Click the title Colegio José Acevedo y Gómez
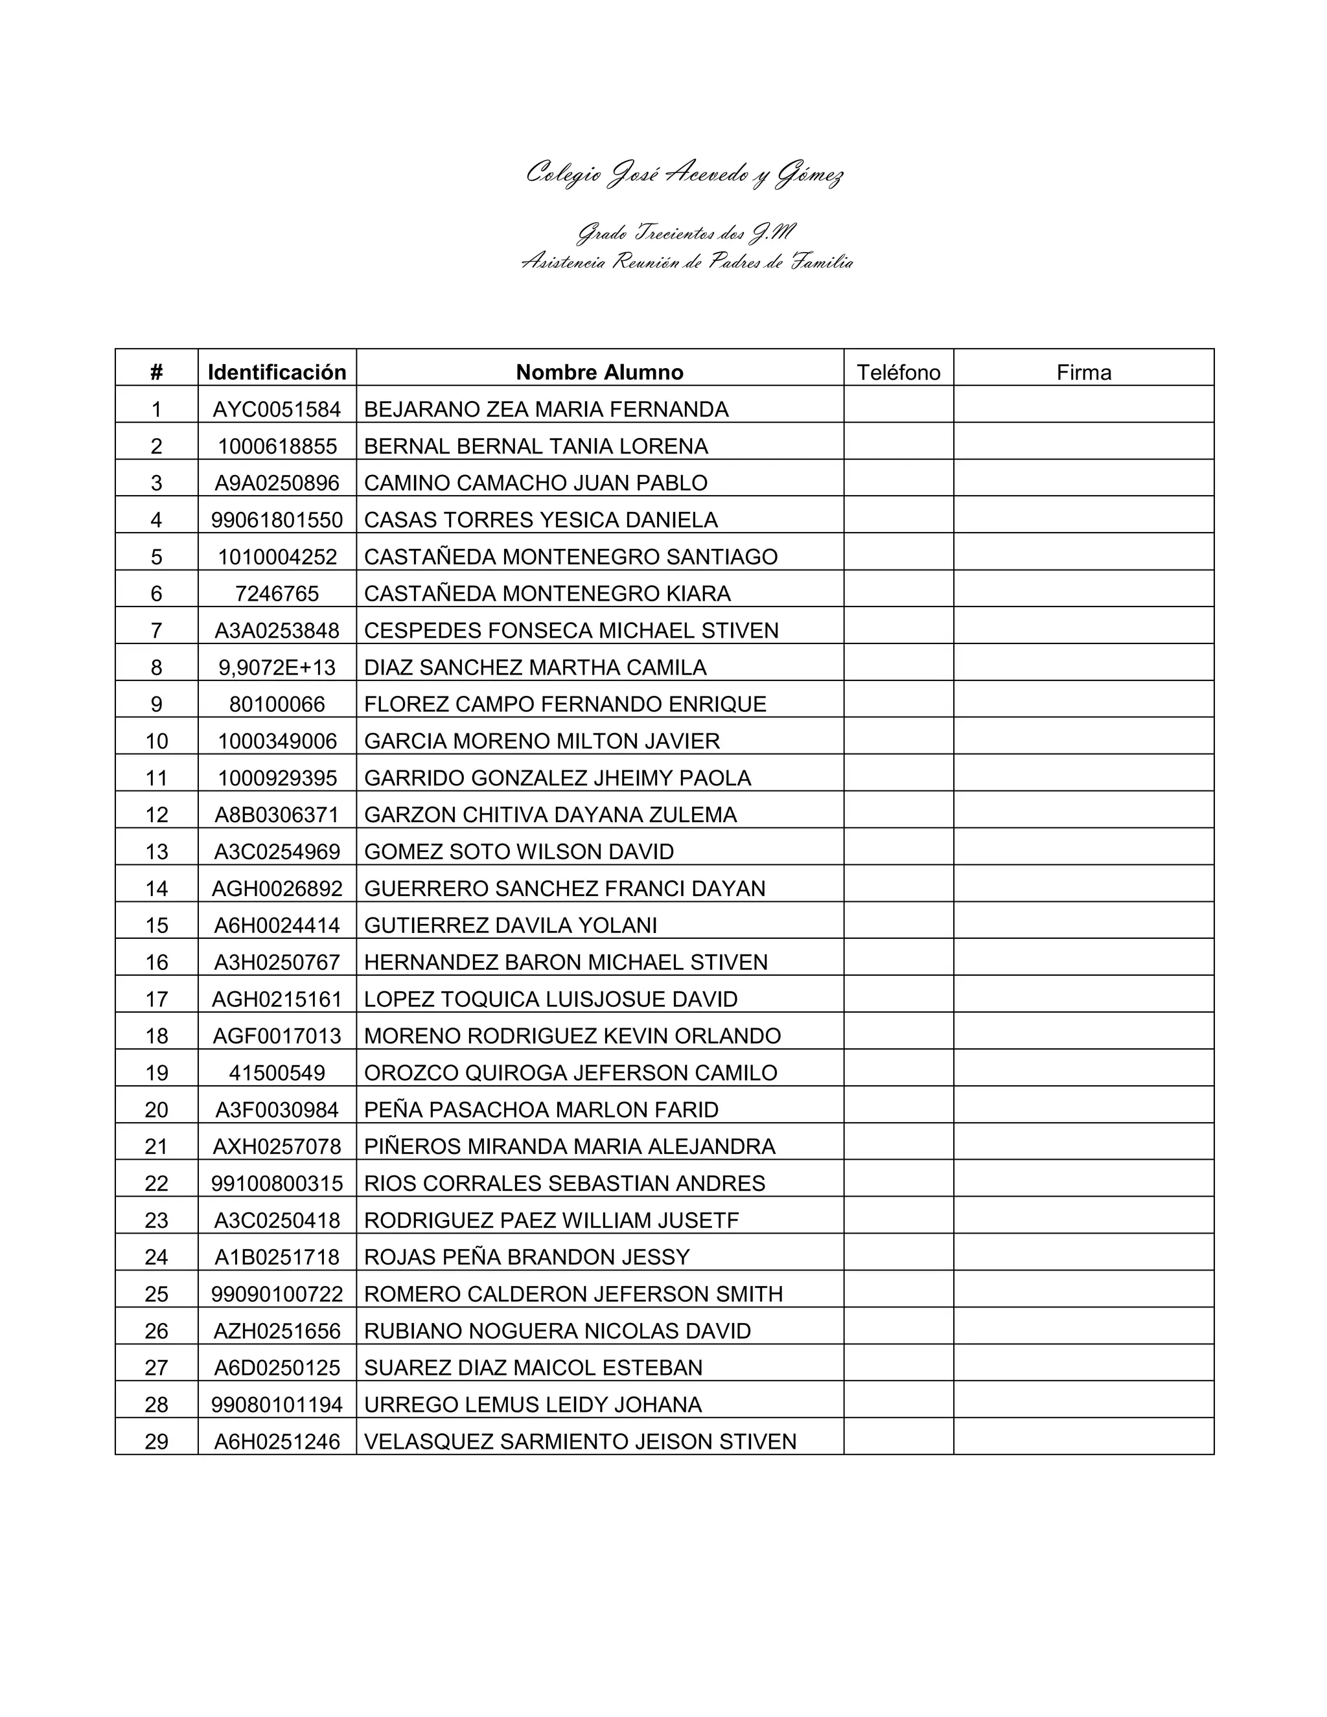click(x=685, y=174)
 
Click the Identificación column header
click(x=277, y=372)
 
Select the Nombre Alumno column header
click(x=599, y=372)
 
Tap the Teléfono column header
click(x=898, y=372)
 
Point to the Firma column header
click(x=1083, y=372)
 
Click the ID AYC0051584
click(x=277, y=409)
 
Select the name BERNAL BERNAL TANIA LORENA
click(x=536, y=446)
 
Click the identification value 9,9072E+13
click(x=277, y=667)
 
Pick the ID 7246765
click(x=277, y=593)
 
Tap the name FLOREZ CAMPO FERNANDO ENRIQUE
click(x=565, y=704)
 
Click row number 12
click(x=156, y=814)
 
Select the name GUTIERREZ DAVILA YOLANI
click(x=510, y=925)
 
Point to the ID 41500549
click(x=277, y=1072)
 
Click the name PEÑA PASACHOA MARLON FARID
click(x=542, y=1109)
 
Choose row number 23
click(x=156, y=1220)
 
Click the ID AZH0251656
click(x=277, y=1331)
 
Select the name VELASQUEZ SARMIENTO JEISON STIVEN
click(x=580, y=1441)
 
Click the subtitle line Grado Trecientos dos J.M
click(x=686, y=233)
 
